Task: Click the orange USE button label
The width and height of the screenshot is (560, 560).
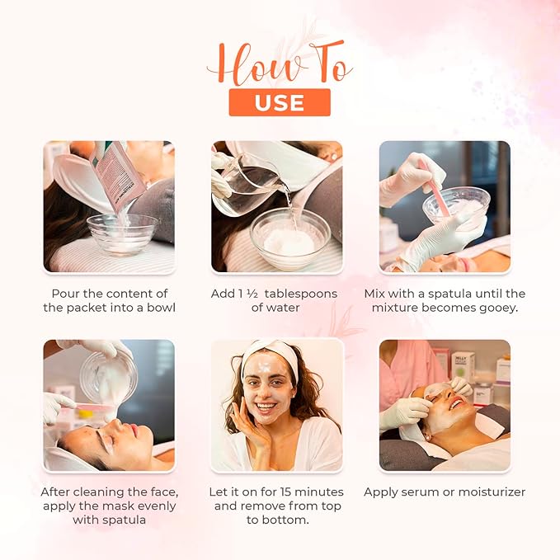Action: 280,102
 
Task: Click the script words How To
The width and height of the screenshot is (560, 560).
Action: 280,65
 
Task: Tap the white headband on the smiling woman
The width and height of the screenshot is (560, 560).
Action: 268,355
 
